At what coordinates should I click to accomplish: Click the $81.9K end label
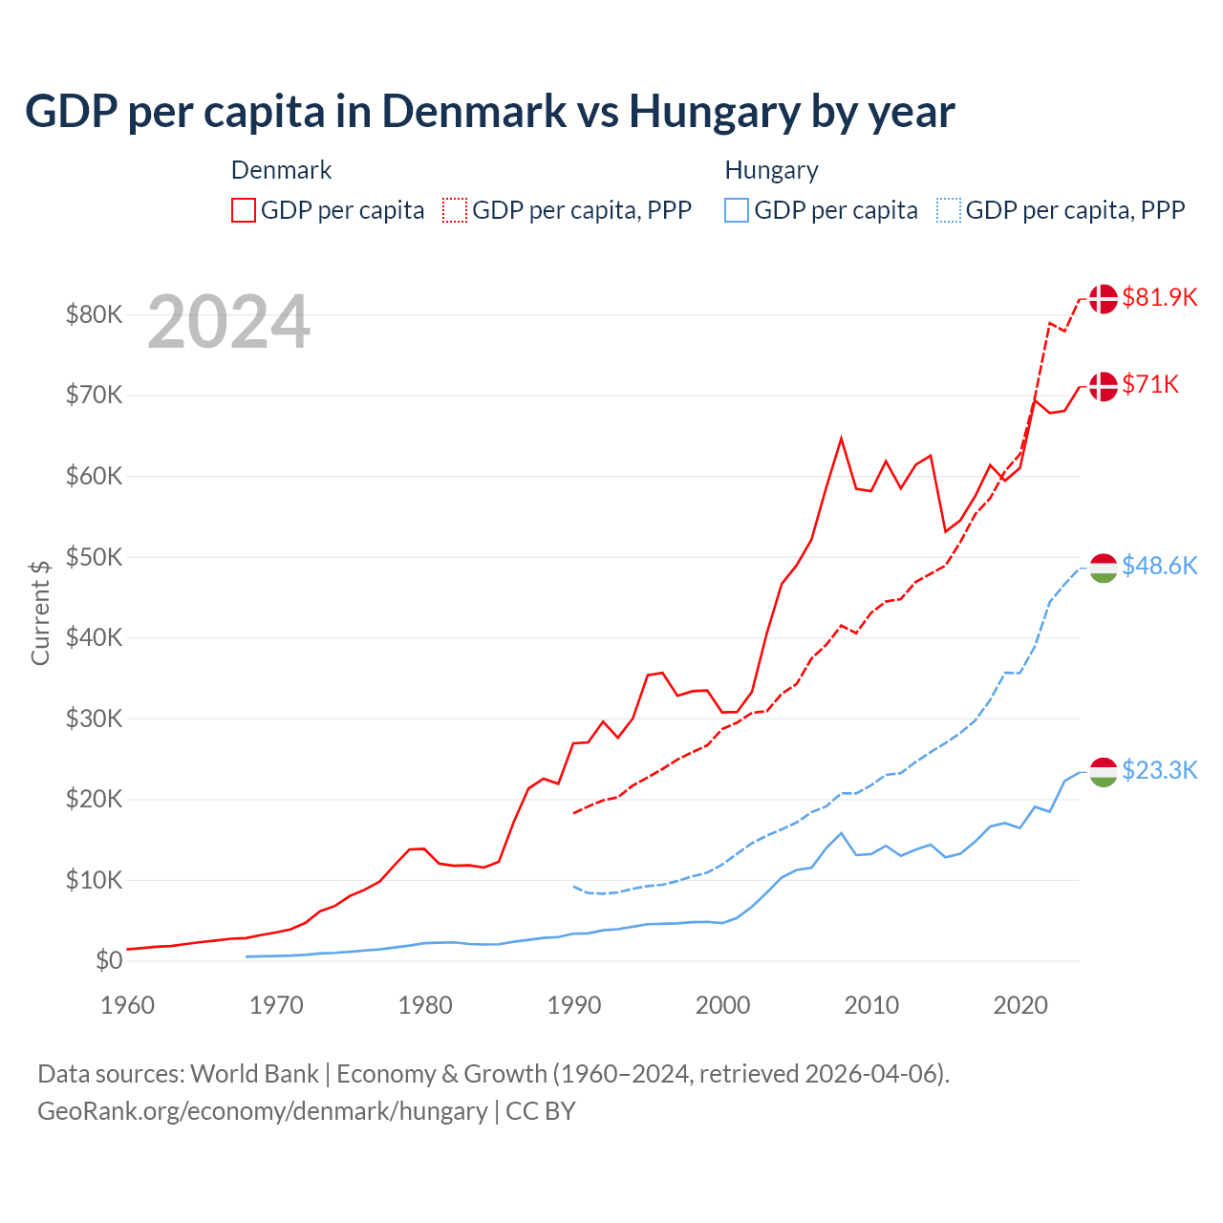coord(1159,297)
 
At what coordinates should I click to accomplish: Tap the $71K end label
coord(1150,384)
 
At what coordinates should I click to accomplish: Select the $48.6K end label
coord(1159,566)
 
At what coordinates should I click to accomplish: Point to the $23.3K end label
coord(1159,770)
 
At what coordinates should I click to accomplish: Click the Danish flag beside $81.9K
coord(1104,298)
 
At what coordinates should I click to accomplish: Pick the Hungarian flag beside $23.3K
coord(1104,771)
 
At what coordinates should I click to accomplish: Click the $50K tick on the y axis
coord(94,556)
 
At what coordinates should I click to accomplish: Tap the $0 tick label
coord(109,960)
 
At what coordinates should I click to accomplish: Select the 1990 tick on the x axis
coord(574,1005)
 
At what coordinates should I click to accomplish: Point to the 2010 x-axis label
coord(871,1005)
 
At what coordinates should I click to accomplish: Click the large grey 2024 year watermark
coord(229,322)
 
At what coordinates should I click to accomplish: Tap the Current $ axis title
coord(40,611)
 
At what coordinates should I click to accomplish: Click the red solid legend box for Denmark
coord(244,210)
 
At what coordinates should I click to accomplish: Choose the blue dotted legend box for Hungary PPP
coord(949,210)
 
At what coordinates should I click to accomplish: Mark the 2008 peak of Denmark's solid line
coord(841,439)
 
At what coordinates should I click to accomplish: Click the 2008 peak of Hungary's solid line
coord(841,833)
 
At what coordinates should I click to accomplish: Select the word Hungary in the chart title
coord(714,112)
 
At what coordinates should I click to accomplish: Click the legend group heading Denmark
coord(281,170)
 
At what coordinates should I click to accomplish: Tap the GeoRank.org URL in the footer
coord(262,1111)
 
